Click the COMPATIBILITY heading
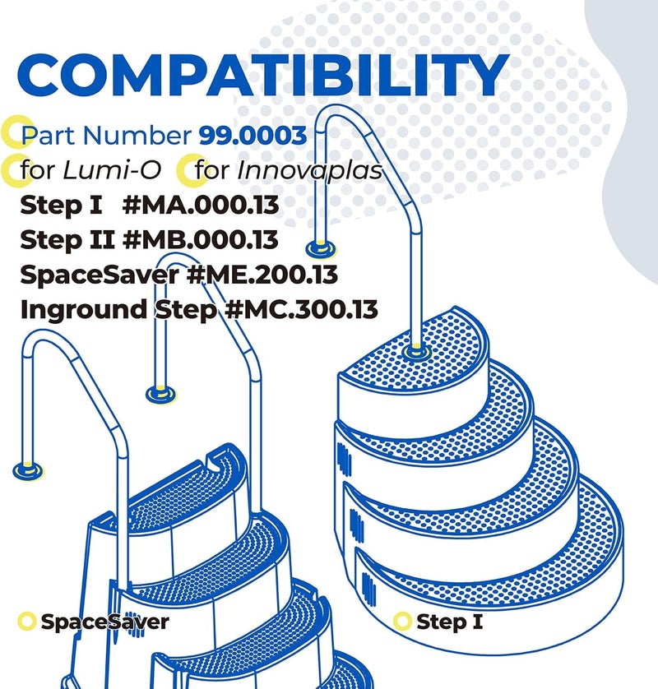tap(263, 75)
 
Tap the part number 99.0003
tap(253, 136)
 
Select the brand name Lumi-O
tap(112, 170)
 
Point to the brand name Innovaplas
tap(310, 170)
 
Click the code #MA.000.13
tap(201, 206)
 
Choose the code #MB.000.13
tap(201, 240)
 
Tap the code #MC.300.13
tap(301, 310)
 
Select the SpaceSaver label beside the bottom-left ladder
tap(104, 622)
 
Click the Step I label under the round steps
tap(449, 622)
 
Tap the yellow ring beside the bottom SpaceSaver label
tap(26, 622)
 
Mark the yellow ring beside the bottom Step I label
tap(401, 622)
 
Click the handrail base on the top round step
tap(416, 352)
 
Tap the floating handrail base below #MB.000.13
tap(161, 394)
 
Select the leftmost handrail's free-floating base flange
tap(28, 470)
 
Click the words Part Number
tap(106, 136)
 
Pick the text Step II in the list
tap(67, 240)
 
